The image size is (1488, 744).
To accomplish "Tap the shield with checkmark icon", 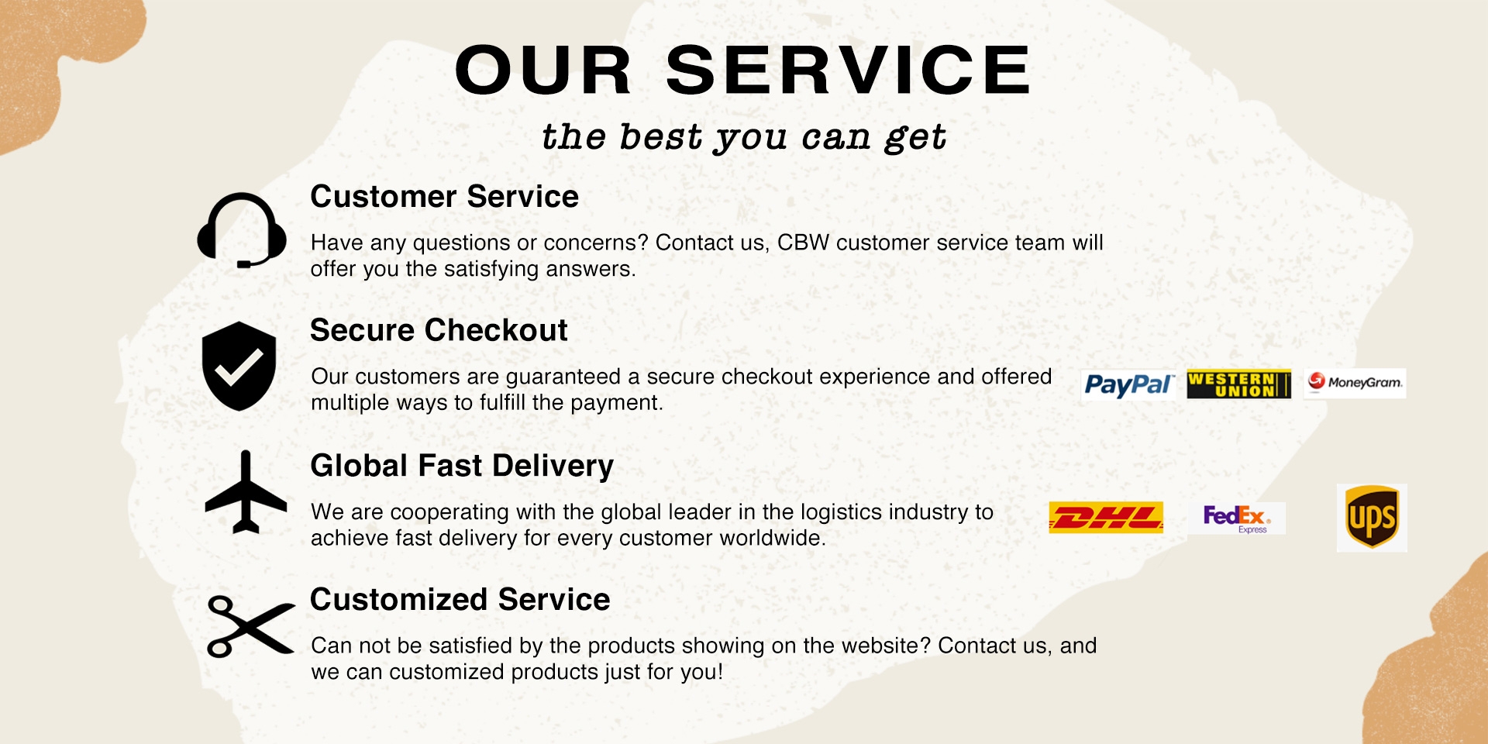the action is click(x=239, y=366).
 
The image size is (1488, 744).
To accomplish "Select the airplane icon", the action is click(x=246, y=493).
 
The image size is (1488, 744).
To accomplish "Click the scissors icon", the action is click(x=250, y=626).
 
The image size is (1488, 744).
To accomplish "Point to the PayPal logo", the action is click(x=1128, y=384).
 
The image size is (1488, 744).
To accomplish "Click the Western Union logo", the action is click(x=1238, y=384).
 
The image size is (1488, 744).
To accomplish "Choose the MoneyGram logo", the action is click(x=1355, y=383).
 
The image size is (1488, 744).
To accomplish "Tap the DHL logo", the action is click(x=1106, y=518).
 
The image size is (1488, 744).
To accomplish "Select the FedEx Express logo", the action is click(x=1236, y=518).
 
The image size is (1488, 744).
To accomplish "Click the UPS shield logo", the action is click(x=1372, y=518).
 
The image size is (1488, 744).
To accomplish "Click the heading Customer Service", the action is click(x=444, y=197).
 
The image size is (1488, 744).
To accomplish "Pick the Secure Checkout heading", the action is click(x=439, y=330).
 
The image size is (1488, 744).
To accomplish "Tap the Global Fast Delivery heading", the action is click(x=462, y=466).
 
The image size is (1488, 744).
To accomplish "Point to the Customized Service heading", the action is click(x=460, y=600).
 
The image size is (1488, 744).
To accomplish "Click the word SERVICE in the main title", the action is click(x=849, y=70).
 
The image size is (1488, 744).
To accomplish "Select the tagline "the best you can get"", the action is click(x=744, y=137).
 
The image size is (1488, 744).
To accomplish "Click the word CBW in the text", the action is click(x=803, y=243).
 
